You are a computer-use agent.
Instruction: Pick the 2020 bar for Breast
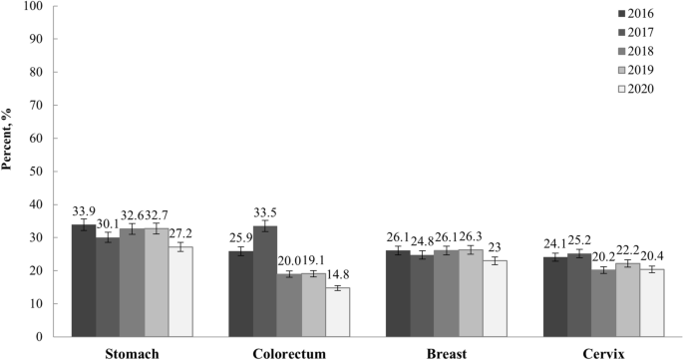[496, 298]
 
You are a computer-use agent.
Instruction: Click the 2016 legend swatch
[619, 14]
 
